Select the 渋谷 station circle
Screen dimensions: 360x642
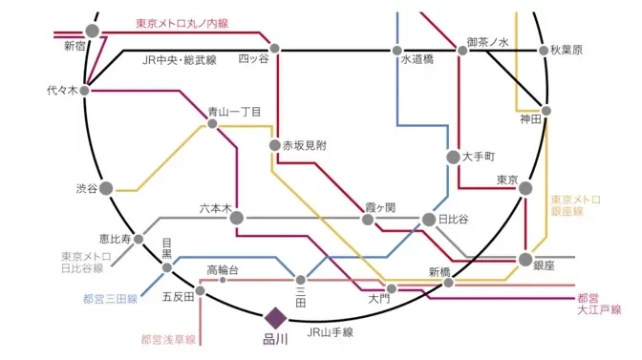pos(107,188)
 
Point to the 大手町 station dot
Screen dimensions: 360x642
pos(454,156)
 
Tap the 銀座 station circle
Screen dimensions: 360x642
pos(525,259)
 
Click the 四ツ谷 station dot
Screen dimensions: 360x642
pos(275,48)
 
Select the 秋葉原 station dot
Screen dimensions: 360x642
pos(545,51)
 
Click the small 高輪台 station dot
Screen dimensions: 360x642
pos(223,281)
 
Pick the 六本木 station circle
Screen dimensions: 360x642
pos(236,218)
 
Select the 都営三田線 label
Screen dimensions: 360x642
pos(112,300)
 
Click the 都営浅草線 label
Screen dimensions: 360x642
pos(168,339)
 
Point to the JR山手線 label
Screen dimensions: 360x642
pos(330,332)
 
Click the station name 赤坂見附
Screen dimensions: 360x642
pos(305,145)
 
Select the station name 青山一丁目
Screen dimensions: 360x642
pos(235,112)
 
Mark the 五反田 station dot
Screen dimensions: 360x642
pos(202,296)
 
